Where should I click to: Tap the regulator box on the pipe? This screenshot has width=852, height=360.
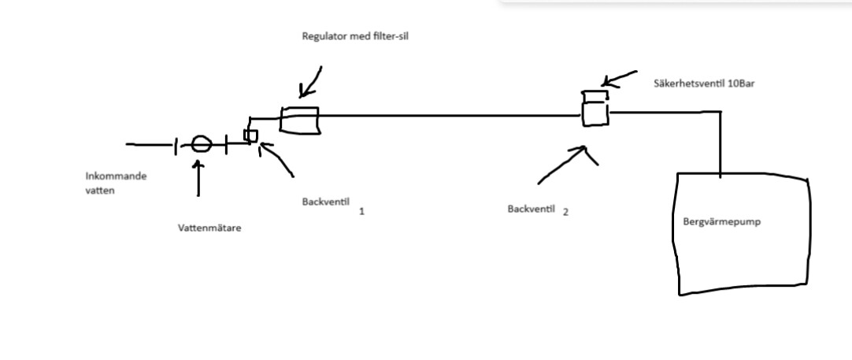tap(299, 120)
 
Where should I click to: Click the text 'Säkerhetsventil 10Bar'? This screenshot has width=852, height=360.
tap(704, 83)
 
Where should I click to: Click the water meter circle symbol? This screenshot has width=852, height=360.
tap(202, 143)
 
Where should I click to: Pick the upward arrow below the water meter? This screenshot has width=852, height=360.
tap(198, 178)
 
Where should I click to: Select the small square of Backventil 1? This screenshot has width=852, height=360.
tap(250, 135)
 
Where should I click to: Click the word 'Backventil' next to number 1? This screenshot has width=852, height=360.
tap(322, 202)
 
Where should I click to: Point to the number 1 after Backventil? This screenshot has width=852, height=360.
tap(361, 211)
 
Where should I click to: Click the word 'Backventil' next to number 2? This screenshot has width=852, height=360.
tap(532, 209)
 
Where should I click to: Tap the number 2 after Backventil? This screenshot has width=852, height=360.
tap(565, 211)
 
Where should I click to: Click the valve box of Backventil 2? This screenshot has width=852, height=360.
tap(595, 114)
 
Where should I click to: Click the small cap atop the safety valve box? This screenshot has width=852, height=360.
tap(595, 95)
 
